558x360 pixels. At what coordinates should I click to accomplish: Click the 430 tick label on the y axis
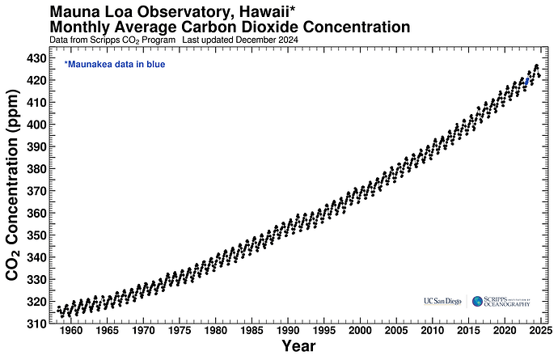[36, 58]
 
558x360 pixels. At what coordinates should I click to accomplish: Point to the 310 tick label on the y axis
[36, 324]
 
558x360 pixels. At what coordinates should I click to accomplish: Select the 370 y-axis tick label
[36, 191]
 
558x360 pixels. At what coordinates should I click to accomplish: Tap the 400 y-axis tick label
[36, 125]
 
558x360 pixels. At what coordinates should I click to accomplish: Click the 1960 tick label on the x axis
[71, 331]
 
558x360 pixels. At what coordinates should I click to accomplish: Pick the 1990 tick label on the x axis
[287, 331]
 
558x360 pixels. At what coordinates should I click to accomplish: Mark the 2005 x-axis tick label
[395, 331]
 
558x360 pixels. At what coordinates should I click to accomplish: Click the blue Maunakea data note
[114, 63]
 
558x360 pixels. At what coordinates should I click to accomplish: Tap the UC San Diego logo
[442, 301]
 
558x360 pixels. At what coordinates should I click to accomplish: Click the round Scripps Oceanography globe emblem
[477, 301]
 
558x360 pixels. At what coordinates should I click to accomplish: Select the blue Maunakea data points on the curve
[526, 81]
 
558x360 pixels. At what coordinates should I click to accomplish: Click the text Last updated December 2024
[243, 40]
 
